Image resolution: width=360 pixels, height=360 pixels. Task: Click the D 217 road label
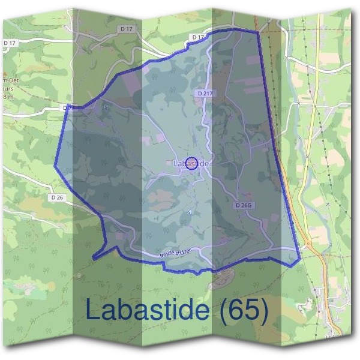click(x=205, y=94)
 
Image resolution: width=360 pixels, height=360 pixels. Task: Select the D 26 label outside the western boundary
click(x=58, y=197)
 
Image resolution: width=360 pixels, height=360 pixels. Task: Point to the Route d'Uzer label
click(x=175, y=254)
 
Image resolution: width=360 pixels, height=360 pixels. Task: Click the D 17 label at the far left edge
click(x=9, y=43)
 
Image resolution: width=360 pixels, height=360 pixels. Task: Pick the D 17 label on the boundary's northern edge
click(x=199, y=37)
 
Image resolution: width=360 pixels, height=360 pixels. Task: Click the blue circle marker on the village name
click(x=191, y=163)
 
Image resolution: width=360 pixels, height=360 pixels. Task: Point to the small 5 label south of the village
click(x=189, y=212)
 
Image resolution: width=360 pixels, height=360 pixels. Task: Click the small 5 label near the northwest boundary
click(x=106, y=107)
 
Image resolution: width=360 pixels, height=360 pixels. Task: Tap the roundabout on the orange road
click(x=307, y=244)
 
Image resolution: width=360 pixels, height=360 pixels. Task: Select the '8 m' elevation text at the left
click(x=7, y=97)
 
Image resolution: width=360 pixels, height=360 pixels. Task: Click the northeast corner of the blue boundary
click(x=258, y=30)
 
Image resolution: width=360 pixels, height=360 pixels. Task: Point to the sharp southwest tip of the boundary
click(x=93, y=257)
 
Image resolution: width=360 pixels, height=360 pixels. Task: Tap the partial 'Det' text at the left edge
click(x=8, y=80)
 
